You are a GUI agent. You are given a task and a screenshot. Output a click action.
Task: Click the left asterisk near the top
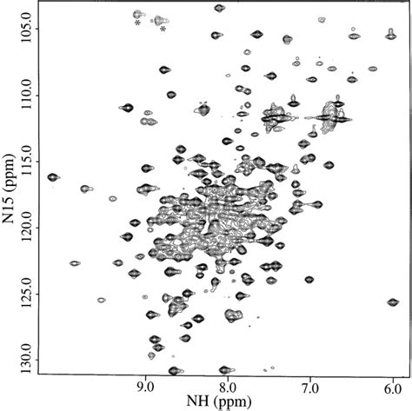point(138,23)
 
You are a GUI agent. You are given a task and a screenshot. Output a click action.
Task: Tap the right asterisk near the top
point(163,29)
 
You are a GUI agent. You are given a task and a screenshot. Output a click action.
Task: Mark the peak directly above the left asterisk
point(138,14)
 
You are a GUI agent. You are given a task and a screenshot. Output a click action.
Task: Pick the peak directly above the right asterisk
point(161,19)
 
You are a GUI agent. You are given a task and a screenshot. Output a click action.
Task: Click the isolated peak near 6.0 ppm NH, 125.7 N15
point(393,302)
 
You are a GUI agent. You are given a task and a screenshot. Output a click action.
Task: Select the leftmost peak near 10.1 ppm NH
point(53,177)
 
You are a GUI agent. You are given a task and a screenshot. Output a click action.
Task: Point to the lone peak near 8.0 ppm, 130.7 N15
point(225,369)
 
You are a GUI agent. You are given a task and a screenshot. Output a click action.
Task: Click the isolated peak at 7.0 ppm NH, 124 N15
point(309,279)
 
